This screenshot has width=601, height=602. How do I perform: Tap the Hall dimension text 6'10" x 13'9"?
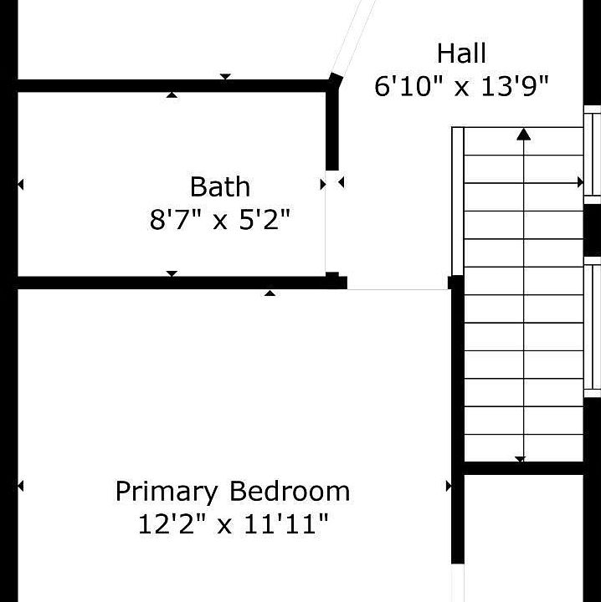pos(461,85)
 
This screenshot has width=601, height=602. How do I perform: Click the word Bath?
pos(220,186)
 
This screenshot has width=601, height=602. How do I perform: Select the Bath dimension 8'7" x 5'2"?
pos(220,219)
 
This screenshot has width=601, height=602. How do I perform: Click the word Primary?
pos(167,492)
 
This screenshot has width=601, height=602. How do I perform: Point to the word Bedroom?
pos(290,491)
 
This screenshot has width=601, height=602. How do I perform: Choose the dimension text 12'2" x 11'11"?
pos(233,524)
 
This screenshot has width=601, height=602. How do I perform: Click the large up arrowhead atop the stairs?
pos(523,135)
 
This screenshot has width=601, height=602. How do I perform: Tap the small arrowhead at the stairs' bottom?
pos(520,459)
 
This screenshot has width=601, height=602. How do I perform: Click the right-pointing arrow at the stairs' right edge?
pos(580,182)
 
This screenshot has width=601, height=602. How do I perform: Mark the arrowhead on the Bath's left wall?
pos(21,185)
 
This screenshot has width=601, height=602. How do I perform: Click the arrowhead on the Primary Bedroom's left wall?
pos(21,486)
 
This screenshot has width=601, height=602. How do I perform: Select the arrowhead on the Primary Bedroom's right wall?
pos(449,486)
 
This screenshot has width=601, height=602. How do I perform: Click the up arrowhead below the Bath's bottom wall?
pos(270,293)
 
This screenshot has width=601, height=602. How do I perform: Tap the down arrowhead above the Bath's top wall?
pos(225,77)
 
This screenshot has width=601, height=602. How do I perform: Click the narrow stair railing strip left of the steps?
pos(458,202)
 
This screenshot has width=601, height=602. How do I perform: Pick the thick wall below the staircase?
pos(524,468)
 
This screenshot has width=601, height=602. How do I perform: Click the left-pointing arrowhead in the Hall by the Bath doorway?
pos(341,182)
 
